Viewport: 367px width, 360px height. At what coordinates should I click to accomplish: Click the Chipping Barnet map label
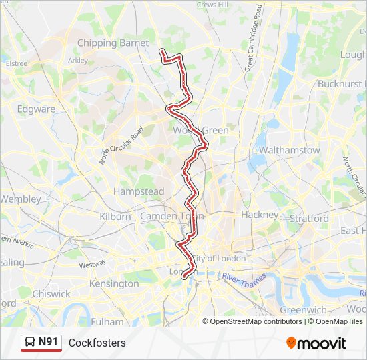click(x=113, y=43)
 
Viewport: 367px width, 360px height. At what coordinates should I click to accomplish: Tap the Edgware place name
click(x=36, y=109)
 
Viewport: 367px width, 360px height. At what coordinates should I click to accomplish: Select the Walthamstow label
click(x=289, y=150)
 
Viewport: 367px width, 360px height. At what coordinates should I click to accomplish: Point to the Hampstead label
click(x=138, y=191)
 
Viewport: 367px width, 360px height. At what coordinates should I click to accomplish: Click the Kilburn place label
click(x=115, y=217)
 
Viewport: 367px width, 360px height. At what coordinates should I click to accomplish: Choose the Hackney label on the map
click(x=259, y=215)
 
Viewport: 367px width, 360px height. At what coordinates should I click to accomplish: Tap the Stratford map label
click(x=309, y=218)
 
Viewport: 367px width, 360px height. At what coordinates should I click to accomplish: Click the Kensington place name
click(x=113, y=283)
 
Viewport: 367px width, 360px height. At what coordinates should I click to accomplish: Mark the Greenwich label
click(x=303, y=310)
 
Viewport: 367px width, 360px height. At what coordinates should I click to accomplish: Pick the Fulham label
click(x=107, y=322)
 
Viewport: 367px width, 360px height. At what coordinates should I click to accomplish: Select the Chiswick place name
click(x=51, y=293)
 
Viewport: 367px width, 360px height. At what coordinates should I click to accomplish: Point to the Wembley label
click(x=20, y=199)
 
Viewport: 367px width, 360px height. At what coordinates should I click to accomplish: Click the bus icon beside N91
click(x=30, y=343)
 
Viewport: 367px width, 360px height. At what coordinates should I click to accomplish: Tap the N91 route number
click(x=48, y=343)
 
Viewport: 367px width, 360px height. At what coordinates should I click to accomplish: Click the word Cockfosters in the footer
click(x=97, y=343)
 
